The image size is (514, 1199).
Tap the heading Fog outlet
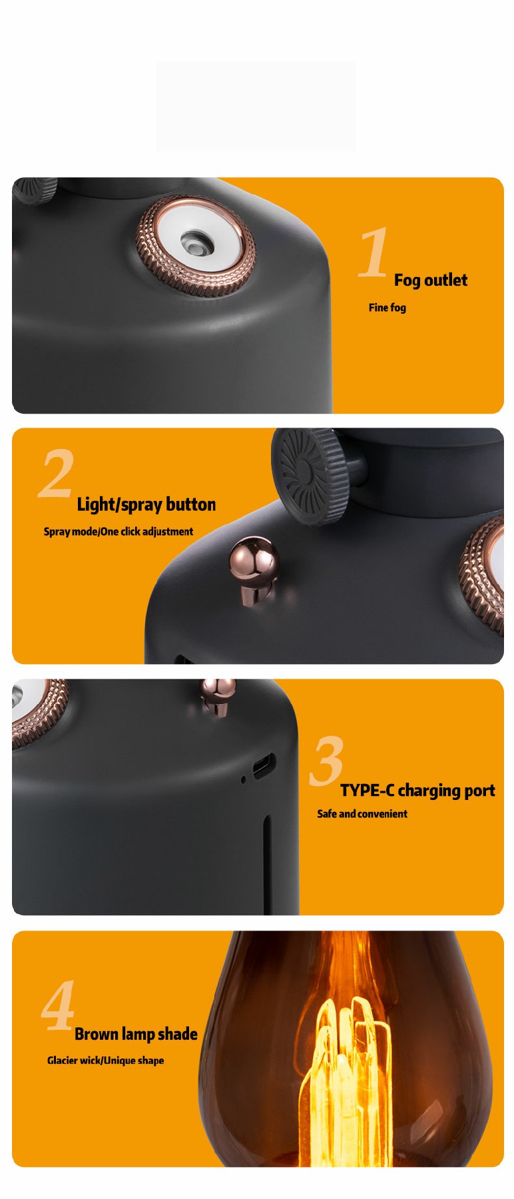pyautogui.click(x=431, y=280)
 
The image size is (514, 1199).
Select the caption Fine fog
pyautogui.click(x=387, y=307)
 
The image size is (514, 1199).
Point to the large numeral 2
pyautogui.click(x=55, y=473)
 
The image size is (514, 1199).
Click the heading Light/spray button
pyautogui.click(x=146, y=505)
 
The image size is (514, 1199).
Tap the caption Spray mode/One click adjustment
pyautogui.click(x=119, y=532)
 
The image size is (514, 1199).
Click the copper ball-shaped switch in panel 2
pyautogui.click(x=254, y=570)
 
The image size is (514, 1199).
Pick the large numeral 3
pyautogui.click(x=327, y=760)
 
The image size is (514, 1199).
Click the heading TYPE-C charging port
pyautogui.click(x=417, y=791)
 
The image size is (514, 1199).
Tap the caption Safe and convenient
pyautogui.click(x=362, y=813)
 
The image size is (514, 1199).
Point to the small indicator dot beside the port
pyautogui.click(x=243, y=779)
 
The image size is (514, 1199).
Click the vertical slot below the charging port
pyautogui.click(x=267, y=865)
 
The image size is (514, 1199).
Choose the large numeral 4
pyautogui.click(x=58, y=1005)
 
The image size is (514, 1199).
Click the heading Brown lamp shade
pyautogui.click(x=136, y=1034)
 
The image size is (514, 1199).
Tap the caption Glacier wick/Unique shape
pyautogui.click(x=105, y=1060)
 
